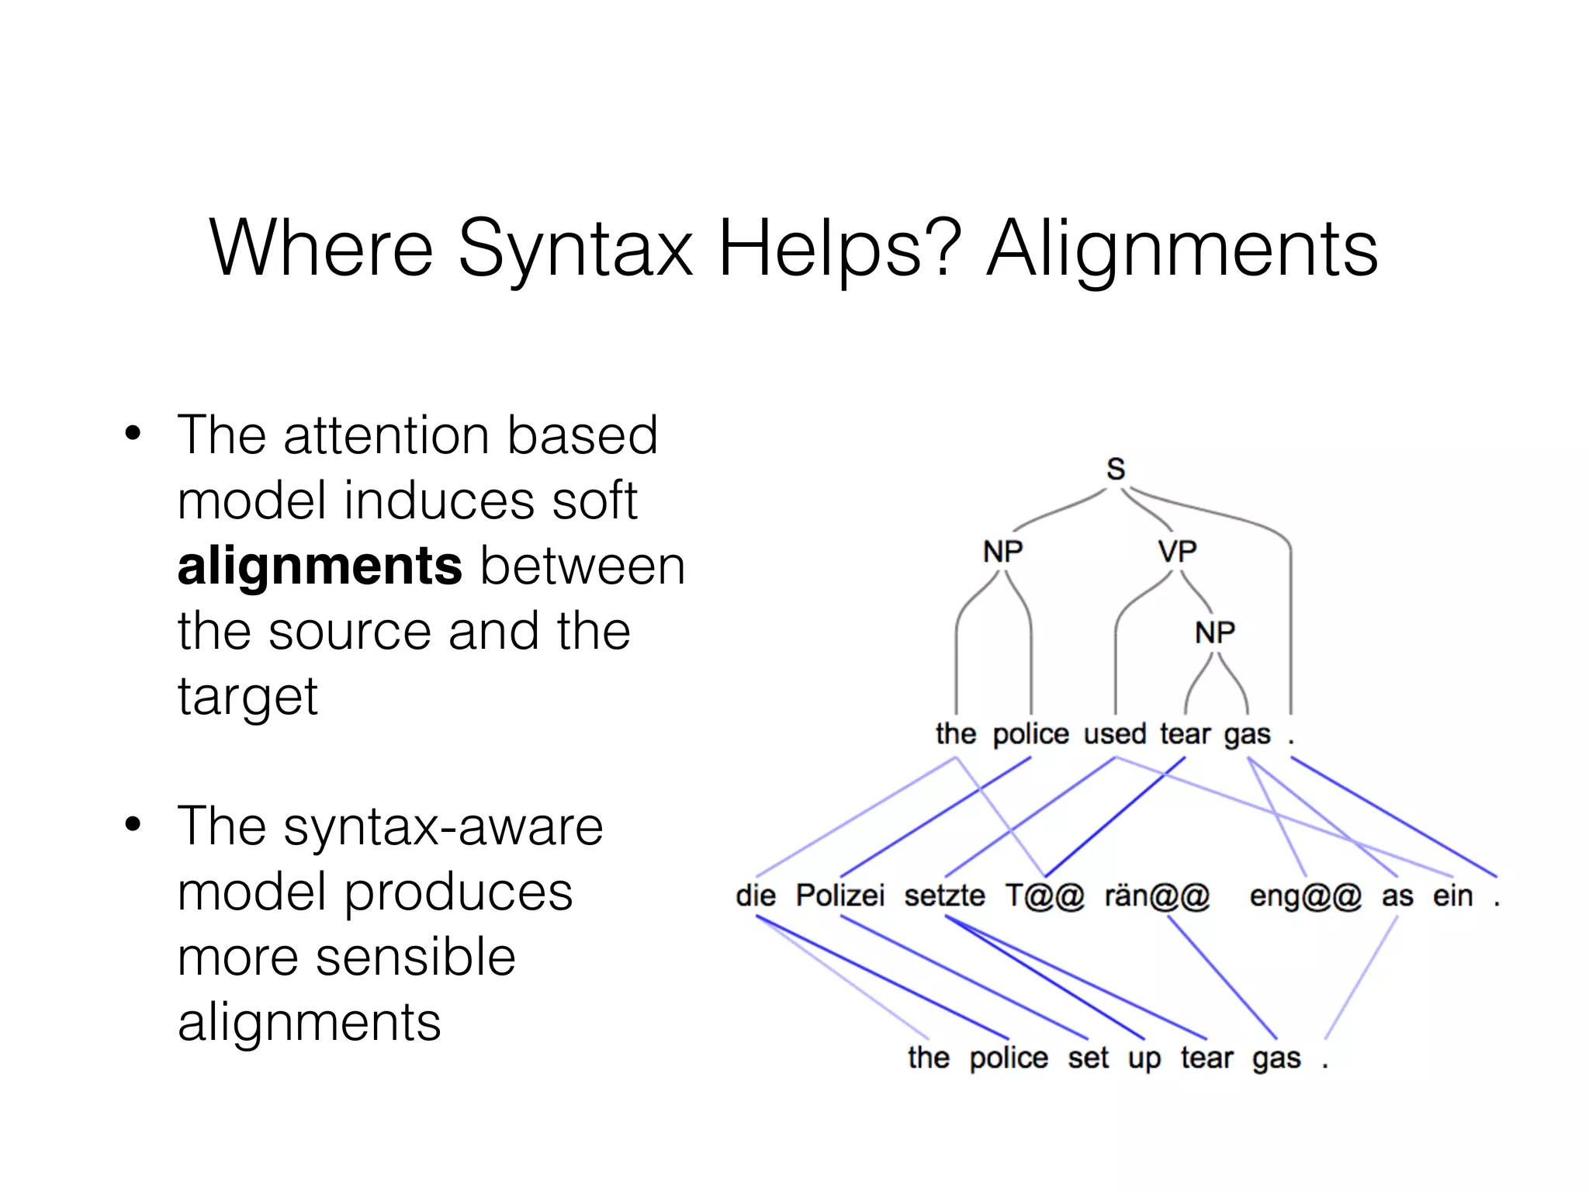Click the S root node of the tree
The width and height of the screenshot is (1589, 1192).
click(x=1115, y=469)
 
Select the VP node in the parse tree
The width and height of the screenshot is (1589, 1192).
click(x=1177, y=552)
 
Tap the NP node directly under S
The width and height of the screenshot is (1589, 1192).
click(x=1002, y=552)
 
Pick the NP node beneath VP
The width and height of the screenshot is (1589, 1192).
click(x=1214, y=632)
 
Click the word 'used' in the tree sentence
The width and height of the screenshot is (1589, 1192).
click(x=1114, y=733)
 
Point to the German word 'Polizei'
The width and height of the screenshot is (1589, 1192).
click(x=840, y=896)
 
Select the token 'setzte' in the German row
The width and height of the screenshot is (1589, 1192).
click(x=944, y=896)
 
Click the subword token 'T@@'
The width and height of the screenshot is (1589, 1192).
click(x=1044, y=896)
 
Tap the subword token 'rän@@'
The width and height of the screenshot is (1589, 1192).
click(x=1157, y=896)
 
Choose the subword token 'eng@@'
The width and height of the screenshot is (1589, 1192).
click(x=1305, y=896)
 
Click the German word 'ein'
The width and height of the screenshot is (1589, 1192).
click(x=1452, y=896)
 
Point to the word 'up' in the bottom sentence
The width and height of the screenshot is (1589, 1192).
click(x=1144, y=1059)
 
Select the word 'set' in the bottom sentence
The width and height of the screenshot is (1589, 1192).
click(x=1088, y=1058)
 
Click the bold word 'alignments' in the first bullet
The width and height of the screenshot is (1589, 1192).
click(x=320, y=566)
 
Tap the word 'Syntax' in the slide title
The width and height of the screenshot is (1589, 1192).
click(x=575, y=248)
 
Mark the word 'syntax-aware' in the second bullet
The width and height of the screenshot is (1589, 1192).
click(x=443, y=827)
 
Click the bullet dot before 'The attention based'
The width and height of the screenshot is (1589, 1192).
click(x=133, y=433)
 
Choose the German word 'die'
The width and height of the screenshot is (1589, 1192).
click(x=756, y=896)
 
